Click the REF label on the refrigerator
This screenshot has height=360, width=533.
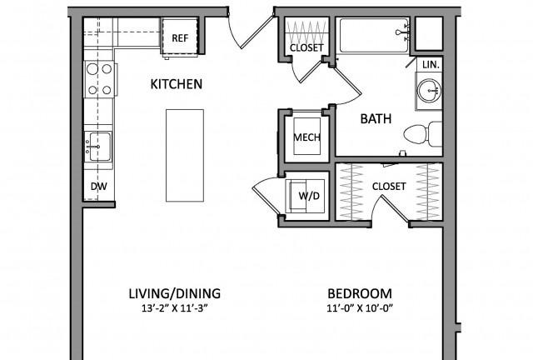[x=180, y=37]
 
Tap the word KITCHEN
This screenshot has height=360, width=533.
[x=177, y=84]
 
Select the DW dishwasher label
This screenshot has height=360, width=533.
[x=99, y=186]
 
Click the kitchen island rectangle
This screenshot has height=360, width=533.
[x=185, y=156]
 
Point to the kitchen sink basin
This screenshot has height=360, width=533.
[x=99, y=147]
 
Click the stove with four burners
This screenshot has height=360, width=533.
[x=100, y=80]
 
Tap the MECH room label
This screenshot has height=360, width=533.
[x=307, y=137]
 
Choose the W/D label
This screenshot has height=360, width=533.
[x=309, y=196]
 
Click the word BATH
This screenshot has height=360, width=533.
[x=376, y=119]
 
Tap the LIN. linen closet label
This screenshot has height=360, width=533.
[x=431, y=64]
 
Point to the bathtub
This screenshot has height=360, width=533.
[x=374, y=35]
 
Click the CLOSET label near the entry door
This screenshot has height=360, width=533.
[x=306, y=47]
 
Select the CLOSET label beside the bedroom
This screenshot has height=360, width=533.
[x=389, y=186]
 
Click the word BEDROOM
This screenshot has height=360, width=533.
[x=360, y=293]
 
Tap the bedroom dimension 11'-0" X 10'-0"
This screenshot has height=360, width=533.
[x=360, y=308]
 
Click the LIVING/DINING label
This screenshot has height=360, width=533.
[x=175, y=293]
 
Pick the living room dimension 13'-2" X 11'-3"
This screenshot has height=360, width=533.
[x=175, y=308]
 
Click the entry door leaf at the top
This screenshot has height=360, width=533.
[x=257, y=32]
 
